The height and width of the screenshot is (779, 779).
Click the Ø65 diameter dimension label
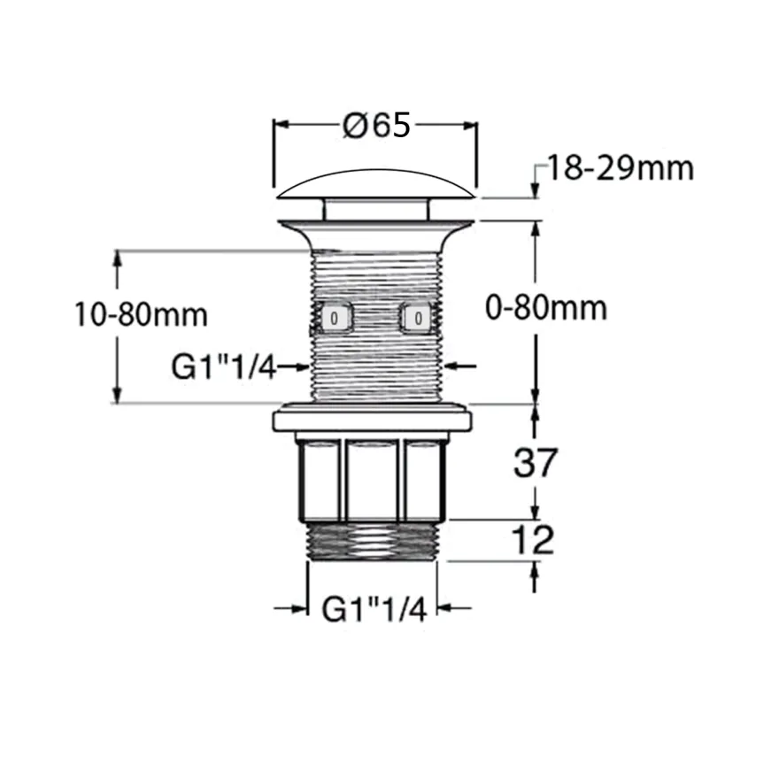tap(376, 125)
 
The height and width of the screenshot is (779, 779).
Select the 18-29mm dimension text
tap(620, 168)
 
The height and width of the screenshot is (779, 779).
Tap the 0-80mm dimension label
tap(546, 308)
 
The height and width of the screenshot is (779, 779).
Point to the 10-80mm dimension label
tap(141, 314)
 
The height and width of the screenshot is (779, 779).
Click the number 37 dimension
tap(535, 462)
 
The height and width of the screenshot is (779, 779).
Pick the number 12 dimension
tap(532, 540)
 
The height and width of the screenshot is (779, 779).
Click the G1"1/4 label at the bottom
tap(374, 610)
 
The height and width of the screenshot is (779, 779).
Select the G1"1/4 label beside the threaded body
tap(224, 367)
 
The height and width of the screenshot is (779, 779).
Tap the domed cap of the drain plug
tap(375, 184)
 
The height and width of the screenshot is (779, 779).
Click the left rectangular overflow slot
tap(335, 317)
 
